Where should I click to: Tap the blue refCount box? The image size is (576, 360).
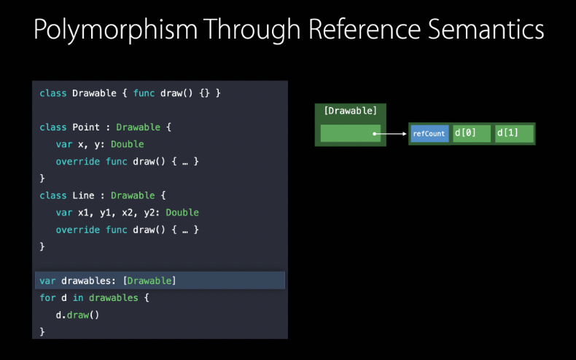[x=429, y=133]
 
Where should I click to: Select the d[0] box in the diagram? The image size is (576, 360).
[x=471, y=133]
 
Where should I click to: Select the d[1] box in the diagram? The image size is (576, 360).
[x=513, y=133]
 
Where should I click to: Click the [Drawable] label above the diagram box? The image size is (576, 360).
[x=350, y=111]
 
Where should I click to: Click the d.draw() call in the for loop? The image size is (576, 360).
[x=77, y=315]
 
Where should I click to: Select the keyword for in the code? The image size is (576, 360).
[x=47, y=298]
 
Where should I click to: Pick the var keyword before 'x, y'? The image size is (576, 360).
[x=63, y=144]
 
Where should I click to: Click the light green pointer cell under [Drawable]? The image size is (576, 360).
[x=350, y=133]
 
